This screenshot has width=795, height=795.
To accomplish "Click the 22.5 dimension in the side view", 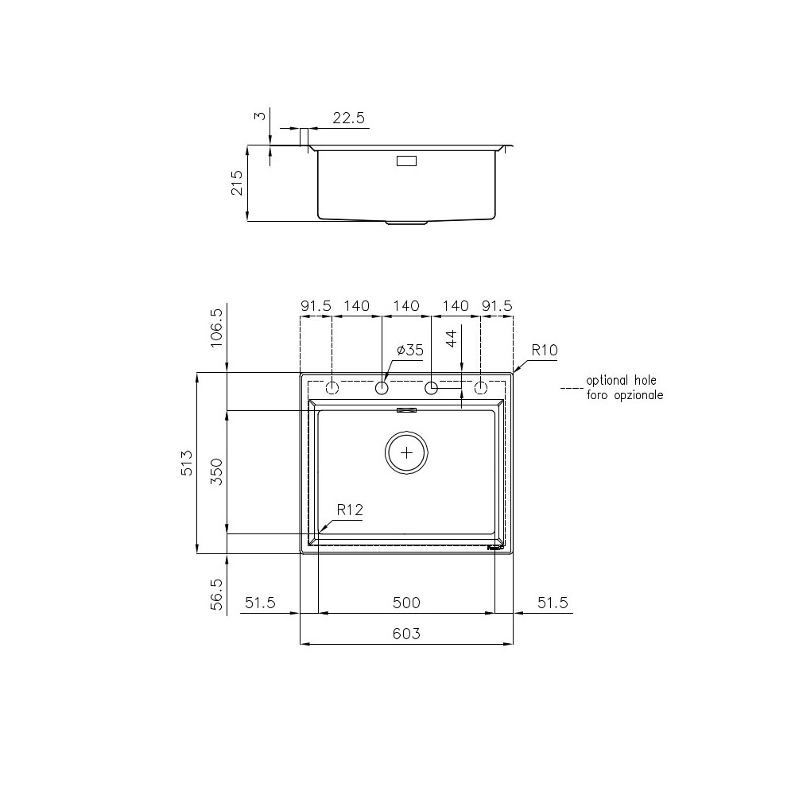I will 348,118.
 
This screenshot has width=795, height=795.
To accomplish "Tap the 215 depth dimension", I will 236,183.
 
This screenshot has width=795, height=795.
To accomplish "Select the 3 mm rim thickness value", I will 258,116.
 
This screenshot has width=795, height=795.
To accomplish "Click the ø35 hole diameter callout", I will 409,350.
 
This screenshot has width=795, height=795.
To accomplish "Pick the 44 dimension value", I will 451,339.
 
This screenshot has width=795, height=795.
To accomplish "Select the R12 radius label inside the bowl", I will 350,510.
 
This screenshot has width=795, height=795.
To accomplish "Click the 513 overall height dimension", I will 185,463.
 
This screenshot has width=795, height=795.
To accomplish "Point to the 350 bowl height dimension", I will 215,471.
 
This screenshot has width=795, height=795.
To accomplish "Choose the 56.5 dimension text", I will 215,594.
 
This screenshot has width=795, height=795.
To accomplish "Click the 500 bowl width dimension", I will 406,603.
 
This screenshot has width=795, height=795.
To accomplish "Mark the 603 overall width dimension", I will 406,634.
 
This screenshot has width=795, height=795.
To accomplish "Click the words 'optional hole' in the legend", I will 621,381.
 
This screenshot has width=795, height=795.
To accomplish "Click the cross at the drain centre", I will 407,452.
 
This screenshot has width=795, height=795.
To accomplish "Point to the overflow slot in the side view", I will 406,161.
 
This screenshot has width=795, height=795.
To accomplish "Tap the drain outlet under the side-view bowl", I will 406,223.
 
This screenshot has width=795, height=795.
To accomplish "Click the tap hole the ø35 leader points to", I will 382,388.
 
